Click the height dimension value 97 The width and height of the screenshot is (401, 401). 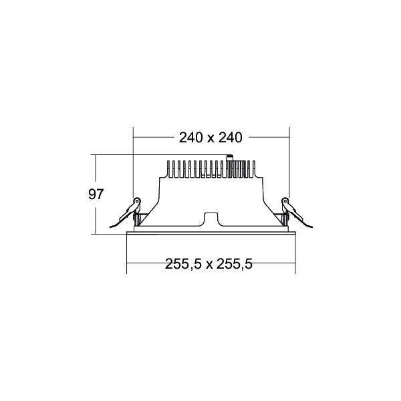tap(96, 195)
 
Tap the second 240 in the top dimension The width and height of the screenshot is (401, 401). tap(229, 138)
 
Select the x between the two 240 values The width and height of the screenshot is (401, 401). tap(210, 138)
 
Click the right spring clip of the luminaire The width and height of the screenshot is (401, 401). tap(292, 213)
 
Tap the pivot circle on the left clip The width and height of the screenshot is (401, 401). tap(138, 203)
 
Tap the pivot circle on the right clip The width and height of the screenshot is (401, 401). tap(284, 203)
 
